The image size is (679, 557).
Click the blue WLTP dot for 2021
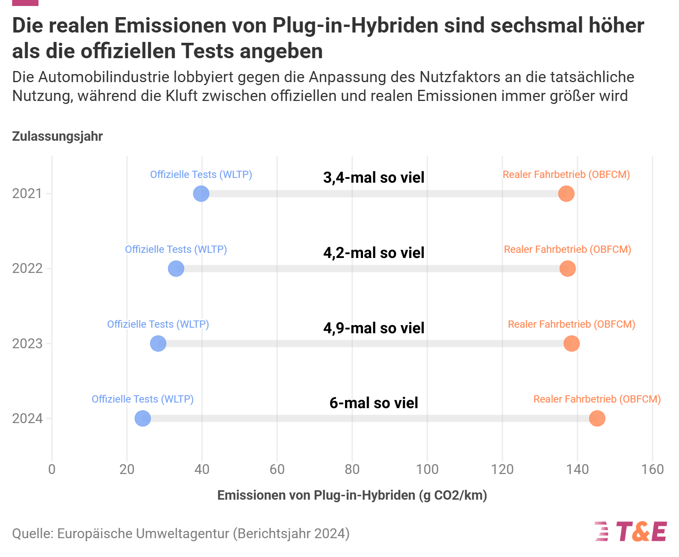pyautogui.click(x=201, y=193)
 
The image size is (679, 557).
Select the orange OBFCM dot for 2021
pyautogui.click(x=566, y=193)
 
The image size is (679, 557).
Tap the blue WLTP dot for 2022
pyautogui.click(x=176, y=268)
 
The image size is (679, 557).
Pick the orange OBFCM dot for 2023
pyautogui.click(x=571, y=344)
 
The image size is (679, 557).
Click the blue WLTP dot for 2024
pyautogui.click(x=143, y=418)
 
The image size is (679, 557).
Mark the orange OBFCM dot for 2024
pyautogui.click(x=597, y=418)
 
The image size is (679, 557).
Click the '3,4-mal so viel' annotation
pyautogui.click(x=373, y=178)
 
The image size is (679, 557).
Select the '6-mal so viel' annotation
pyautogui.click(x=373, y=403)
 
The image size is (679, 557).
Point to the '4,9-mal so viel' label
pyautogui.click(x=373, y=328)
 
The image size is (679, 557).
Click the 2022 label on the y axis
pyautogui.click(x=27, y=268)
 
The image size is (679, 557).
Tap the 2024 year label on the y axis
pyautogui.click(x=27, y=418)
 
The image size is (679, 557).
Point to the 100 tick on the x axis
pyautogui.click(x=427, y=469)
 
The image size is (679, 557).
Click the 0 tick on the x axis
pyautogui.click(x=52, y=469)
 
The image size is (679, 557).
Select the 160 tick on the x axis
pyautogui.click(x=652, y=469)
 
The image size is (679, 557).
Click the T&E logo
pyautogui.click(x=631, y=532)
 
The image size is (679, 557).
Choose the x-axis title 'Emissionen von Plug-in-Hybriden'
pyautogui.click(x=316, y=495)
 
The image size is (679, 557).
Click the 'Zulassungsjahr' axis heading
pyautogui.click(x=57, y=136)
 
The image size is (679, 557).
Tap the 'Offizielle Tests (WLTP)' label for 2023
pyautogui.click(x=158, y=324)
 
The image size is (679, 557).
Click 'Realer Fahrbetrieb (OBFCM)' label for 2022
pyautogui.click(x=567, y=249)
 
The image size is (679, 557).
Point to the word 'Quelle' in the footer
pyautogui.click(x=32, y=534)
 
